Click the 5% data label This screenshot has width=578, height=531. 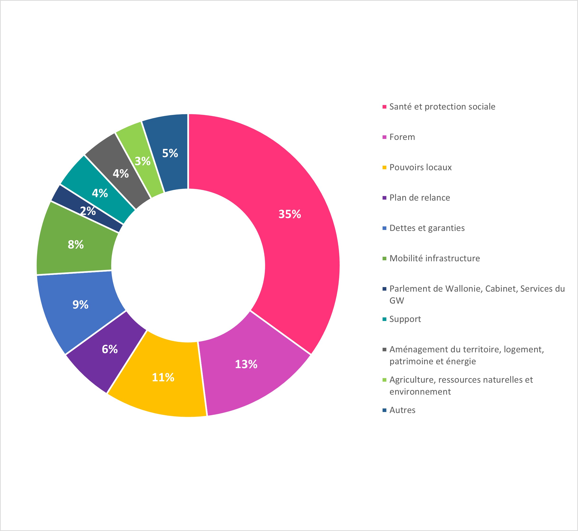(x=170, y=153)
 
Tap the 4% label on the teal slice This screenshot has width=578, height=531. (x=100, y=193)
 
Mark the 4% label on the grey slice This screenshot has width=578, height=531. (x=121, y=174)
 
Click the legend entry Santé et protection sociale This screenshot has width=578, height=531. (x=442, y=107)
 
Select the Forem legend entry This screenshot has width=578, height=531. (x=402, y=137)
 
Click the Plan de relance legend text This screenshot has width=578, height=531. (x=420, y=198)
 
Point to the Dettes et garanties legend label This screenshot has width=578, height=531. (x=427, y=228)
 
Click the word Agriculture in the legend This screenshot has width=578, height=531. (x=411, y=380)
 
